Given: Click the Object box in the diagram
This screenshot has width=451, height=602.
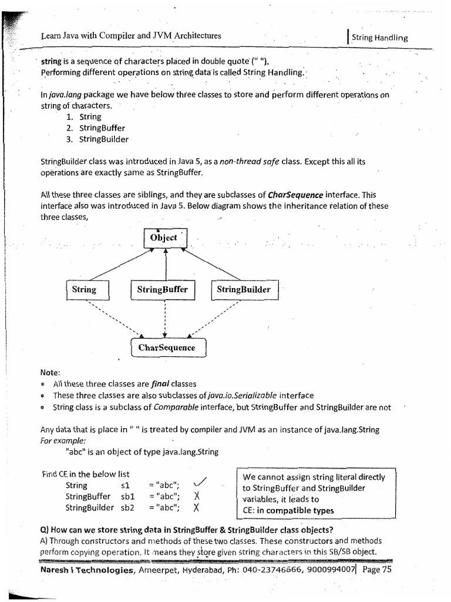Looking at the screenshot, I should tap(165, 238).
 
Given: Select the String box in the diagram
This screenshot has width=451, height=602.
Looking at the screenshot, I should tap(84, 289).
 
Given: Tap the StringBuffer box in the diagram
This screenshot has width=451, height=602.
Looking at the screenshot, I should tap(163, 289).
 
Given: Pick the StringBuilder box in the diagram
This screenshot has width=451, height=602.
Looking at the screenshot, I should tap(244, 289).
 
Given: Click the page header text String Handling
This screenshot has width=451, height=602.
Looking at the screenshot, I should tap(379, 38).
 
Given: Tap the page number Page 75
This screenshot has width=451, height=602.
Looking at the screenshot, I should tap(377, 570).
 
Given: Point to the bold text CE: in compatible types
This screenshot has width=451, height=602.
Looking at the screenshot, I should tap(288, 510).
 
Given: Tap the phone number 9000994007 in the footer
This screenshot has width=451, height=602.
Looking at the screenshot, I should tap(331, 570).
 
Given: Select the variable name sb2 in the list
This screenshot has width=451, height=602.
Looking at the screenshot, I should tap(128, 508).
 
